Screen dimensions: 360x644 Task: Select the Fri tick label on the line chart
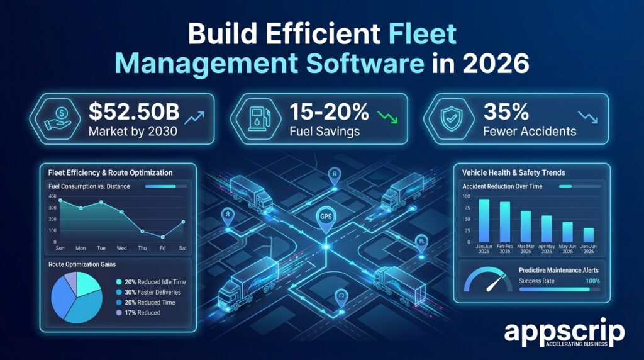click(x=162, y=249)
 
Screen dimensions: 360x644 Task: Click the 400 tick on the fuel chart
click(x=52, y=197)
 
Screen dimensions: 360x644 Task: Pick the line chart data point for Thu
click(x=142, y=231)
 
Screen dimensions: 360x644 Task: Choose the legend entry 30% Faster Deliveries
click(x=151, y=293)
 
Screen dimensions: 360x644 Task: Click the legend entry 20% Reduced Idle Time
click(x=151, y=283)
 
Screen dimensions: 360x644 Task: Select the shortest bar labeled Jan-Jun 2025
click(x=588, y=234)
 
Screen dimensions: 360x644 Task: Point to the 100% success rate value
click(x=592, y=281)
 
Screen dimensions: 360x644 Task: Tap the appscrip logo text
click(x=564, y=332)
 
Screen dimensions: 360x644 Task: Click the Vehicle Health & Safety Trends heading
click(x=513, y=172)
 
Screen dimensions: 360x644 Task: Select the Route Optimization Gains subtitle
click(x=82, y=266)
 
